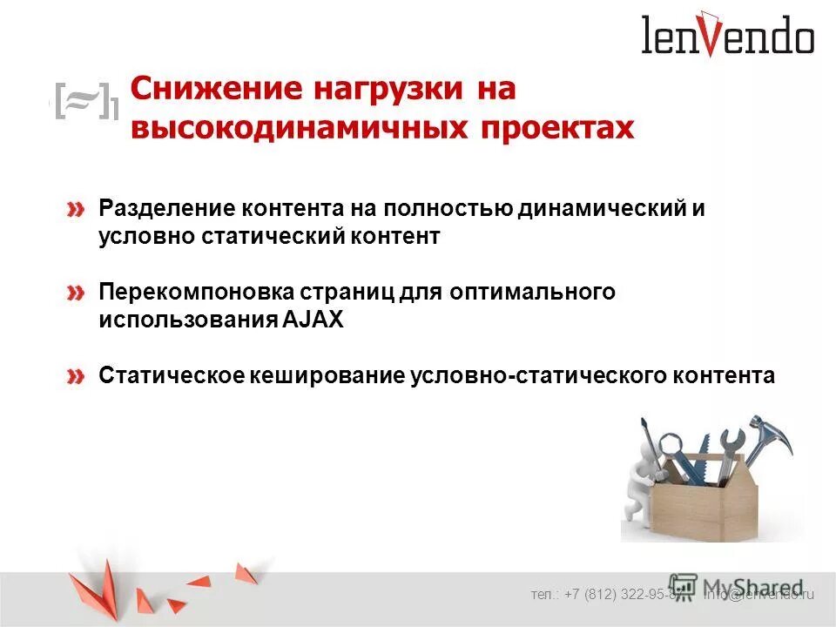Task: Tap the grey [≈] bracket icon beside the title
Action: coord(84,102)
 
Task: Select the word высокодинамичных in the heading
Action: coord(296,127)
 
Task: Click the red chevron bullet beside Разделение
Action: coord(78,210)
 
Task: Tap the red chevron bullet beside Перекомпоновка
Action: coord(78,293)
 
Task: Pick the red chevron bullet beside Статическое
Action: coord(78,376)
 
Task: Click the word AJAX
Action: coord(313,320)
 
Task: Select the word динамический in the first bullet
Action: coord(601,209)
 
